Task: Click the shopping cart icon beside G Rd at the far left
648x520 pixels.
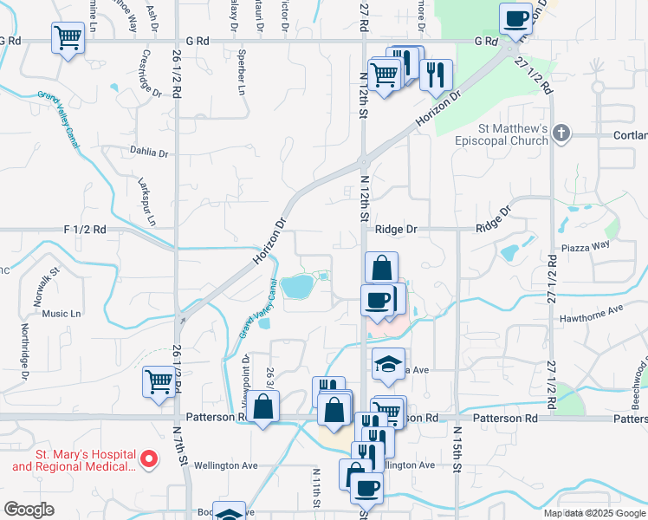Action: point(68,37)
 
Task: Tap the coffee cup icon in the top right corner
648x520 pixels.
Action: point(516,19)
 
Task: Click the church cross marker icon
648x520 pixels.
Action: point(562,133)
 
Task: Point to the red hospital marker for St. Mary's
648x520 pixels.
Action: point(147,458)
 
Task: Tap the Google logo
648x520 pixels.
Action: point(29,510)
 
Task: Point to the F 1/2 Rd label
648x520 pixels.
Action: point(85,230)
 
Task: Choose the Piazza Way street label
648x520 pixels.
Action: point(586,245)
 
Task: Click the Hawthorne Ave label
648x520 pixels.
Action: point(593,309)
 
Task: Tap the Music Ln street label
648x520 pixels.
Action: point(61,314)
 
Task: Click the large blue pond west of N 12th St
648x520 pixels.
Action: point(296,284)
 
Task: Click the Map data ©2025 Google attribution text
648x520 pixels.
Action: point(593,513)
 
